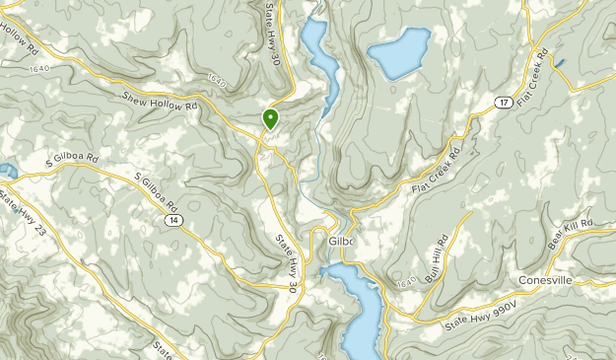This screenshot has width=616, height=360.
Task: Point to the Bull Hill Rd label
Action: [435, 257]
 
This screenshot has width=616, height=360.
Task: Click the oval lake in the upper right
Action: [398, 53]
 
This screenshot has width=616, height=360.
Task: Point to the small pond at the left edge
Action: [6, 172]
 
